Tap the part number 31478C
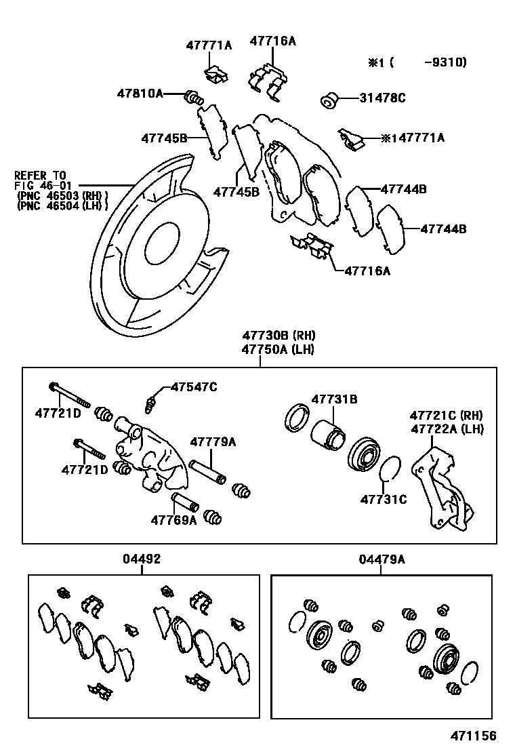pos(382,98)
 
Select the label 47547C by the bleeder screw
pos(194,387)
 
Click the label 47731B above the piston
pos(334,400)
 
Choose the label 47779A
pos(213,442)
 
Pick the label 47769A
pos(173,520)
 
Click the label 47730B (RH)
pos(279,336)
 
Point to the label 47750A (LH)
pos(279,349)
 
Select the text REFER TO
pos(41,175)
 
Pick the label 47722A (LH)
pos(447,429)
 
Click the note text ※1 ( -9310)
pos(417,62)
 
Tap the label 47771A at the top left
pos(209,45)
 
